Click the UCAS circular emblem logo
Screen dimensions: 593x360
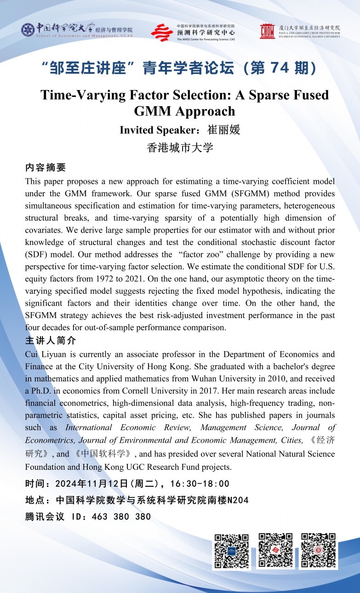28,30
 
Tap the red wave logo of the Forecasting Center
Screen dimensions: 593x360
162,33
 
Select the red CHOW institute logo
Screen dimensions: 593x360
267,31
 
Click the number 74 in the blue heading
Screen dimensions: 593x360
281,68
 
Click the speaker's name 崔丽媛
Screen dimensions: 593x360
224,130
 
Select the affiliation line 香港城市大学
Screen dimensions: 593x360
180,148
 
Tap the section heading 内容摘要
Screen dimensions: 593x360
46,167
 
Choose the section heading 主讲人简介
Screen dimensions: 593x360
51,341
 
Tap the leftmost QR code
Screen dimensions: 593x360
232,551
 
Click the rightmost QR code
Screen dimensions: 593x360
318,551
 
